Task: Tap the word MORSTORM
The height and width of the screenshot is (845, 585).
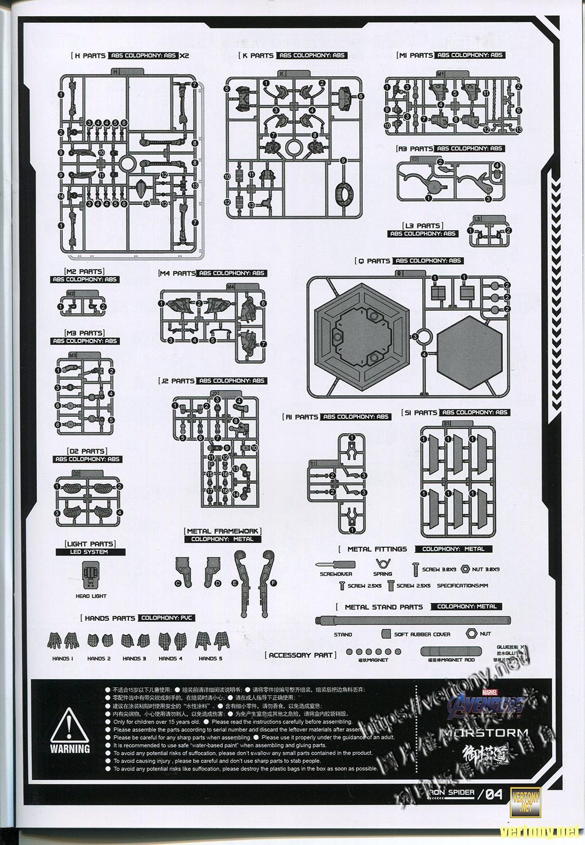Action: click(x=484, y=733)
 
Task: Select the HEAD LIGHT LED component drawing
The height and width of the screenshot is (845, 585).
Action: click(x=91, y=575)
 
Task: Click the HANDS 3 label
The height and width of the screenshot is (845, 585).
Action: click(x=134, y=659)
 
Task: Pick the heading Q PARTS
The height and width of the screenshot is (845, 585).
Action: click(x=373, y=261)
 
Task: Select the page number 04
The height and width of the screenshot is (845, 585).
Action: click(x=494, y=794)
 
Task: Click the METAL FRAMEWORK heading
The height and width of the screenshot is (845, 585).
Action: click(x=222, y=532)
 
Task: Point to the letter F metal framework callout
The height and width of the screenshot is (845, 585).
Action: click(x=274, y=583)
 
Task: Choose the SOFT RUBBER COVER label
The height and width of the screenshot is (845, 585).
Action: click(x=422, y=634)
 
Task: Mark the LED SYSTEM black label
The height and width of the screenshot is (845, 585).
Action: click(x=90, y=552)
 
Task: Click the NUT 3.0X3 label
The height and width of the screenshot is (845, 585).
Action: click(x=486, y=569)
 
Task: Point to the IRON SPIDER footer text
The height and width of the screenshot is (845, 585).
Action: click(x=451, y=793)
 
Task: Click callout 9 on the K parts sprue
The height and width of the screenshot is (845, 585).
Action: click(x=343, y=160)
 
